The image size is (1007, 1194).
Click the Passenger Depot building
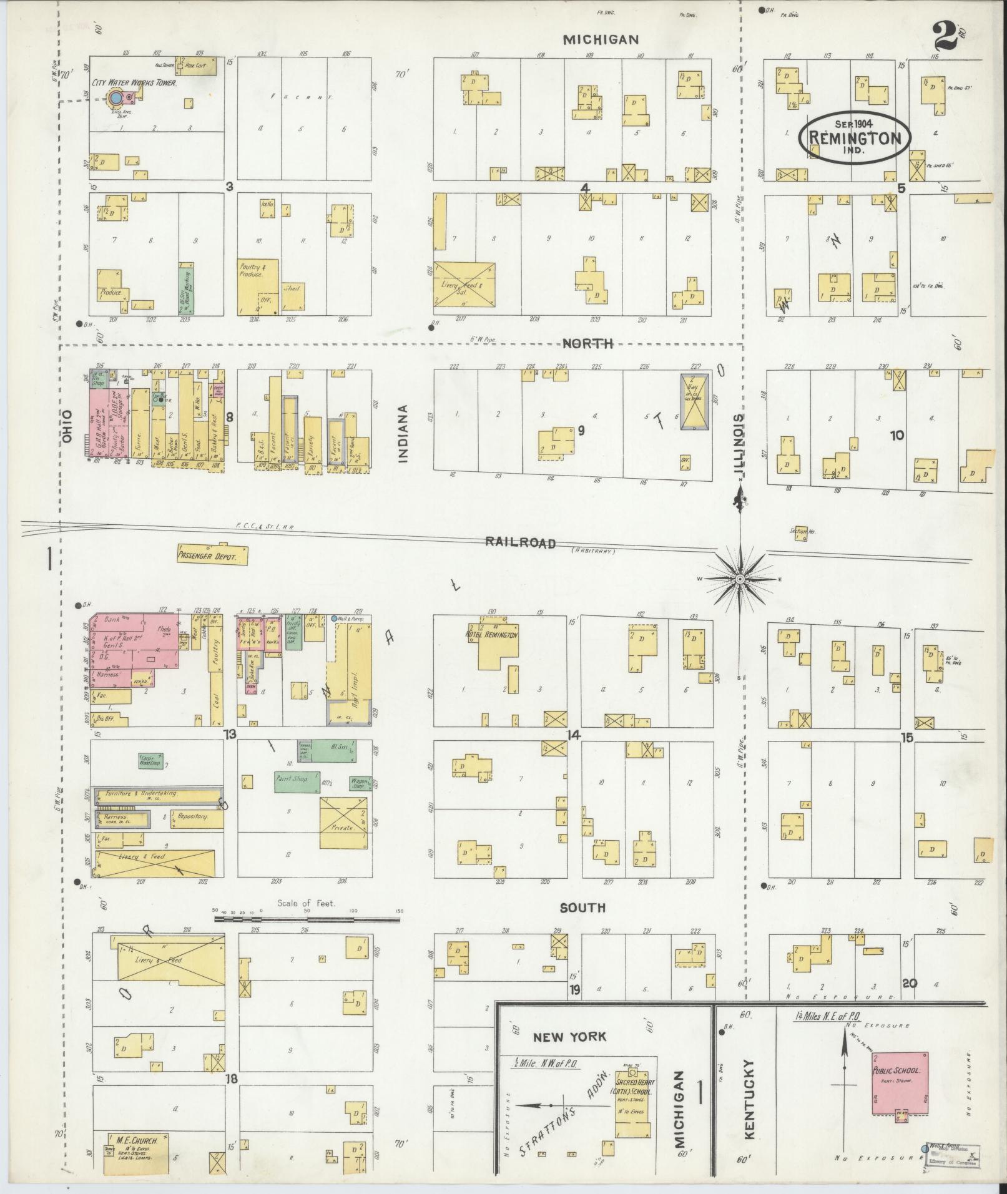[x=212, y=555]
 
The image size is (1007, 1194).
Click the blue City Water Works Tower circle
[x=115, y=98]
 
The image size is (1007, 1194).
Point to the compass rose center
[x=739, y=579]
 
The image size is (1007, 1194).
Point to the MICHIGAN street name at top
[x=601, y=40]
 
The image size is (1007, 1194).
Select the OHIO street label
[x=67, y=427]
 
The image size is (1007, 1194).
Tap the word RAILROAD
[x=521, y=542]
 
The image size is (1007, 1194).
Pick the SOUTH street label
[x=582, y=908]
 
